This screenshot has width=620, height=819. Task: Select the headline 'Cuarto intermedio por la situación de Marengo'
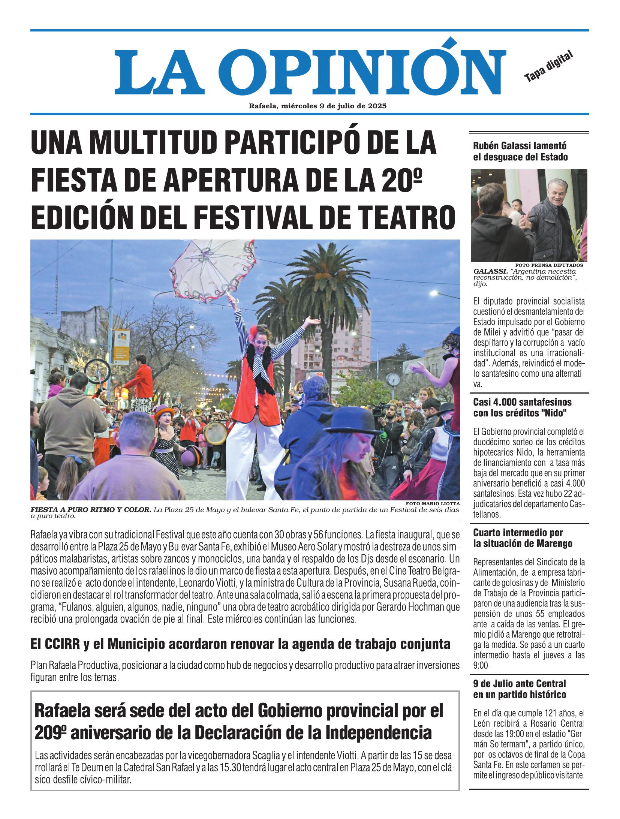[x=523, y=538]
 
